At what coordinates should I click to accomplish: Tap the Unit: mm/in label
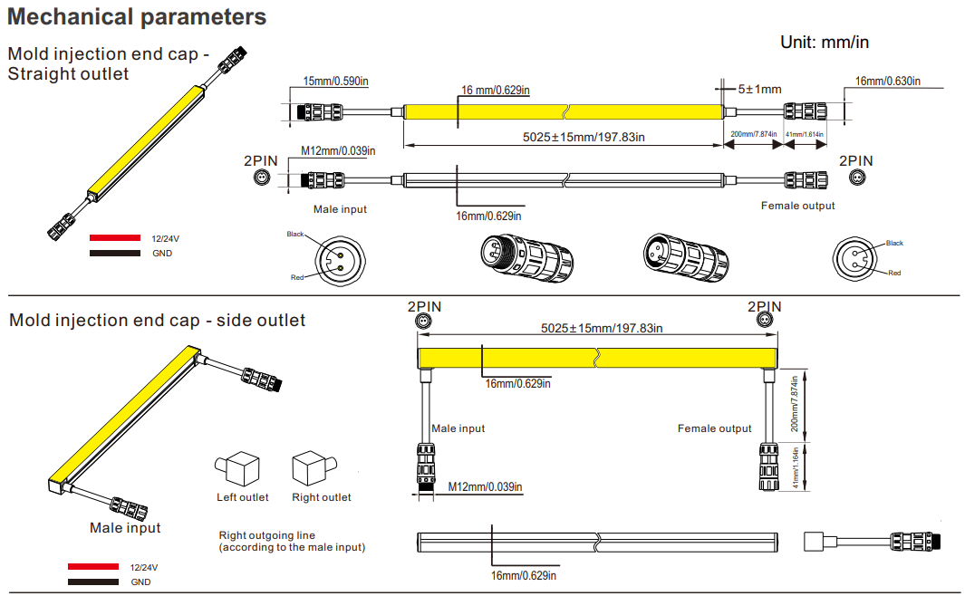coord(825,42)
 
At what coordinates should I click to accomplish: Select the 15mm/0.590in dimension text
coord(335,82)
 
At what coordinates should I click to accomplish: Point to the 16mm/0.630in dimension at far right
coord(888,82)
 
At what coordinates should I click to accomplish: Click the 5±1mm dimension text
coord(759,89)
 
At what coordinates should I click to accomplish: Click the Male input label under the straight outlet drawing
coord(340,209)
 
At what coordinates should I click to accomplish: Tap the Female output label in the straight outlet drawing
coord(797,206)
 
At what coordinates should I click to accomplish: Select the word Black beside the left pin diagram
coord(295,234)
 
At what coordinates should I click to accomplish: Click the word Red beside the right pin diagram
coord(894,273)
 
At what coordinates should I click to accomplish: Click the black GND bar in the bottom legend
coord(92,582)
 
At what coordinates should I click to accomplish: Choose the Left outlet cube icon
coord(239,469)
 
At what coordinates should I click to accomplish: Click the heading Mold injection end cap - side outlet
coord(157,320)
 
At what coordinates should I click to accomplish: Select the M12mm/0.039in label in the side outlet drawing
coord(486,487)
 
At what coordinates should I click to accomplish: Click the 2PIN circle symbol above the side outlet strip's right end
coord(762,322)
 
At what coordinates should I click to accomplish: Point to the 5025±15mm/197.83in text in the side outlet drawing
coord(601,327)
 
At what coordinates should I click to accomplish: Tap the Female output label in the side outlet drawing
coord(714,428)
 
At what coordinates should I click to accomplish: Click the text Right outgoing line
coord(267,535)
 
